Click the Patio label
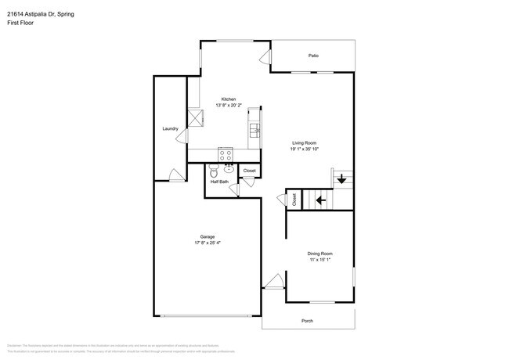(313, 56)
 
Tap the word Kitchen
(229, 99)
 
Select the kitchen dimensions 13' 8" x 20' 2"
(229, 106)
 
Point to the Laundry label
(170, 128)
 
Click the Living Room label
(305, 142)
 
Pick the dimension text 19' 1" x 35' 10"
(305, 149)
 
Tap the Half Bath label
(219, 182)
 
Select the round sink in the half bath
(229, 167)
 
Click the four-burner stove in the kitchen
(226, 153)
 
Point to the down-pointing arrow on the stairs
(341, 180)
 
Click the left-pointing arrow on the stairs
(320, 200)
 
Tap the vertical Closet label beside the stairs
(294, 200)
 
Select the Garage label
(208, 236)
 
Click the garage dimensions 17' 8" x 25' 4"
(208, 243)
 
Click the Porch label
(308, 321)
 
